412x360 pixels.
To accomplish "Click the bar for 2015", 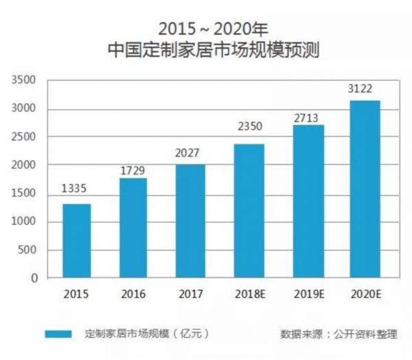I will click(x=76, y=240).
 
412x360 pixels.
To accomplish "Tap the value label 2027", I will click(x=190, y=153).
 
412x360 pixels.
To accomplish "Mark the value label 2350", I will click(x=248, y=126).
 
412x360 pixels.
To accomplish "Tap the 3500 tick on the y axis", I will click(x=23, y=80).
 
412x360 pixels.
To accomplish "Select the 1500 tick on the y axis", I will click(x=23, y=194).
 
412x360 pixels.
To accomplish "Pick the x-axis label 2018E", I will click(x=248, y=294).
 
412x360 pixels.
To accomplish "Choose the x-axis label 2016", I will click(x=133, y=294).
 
